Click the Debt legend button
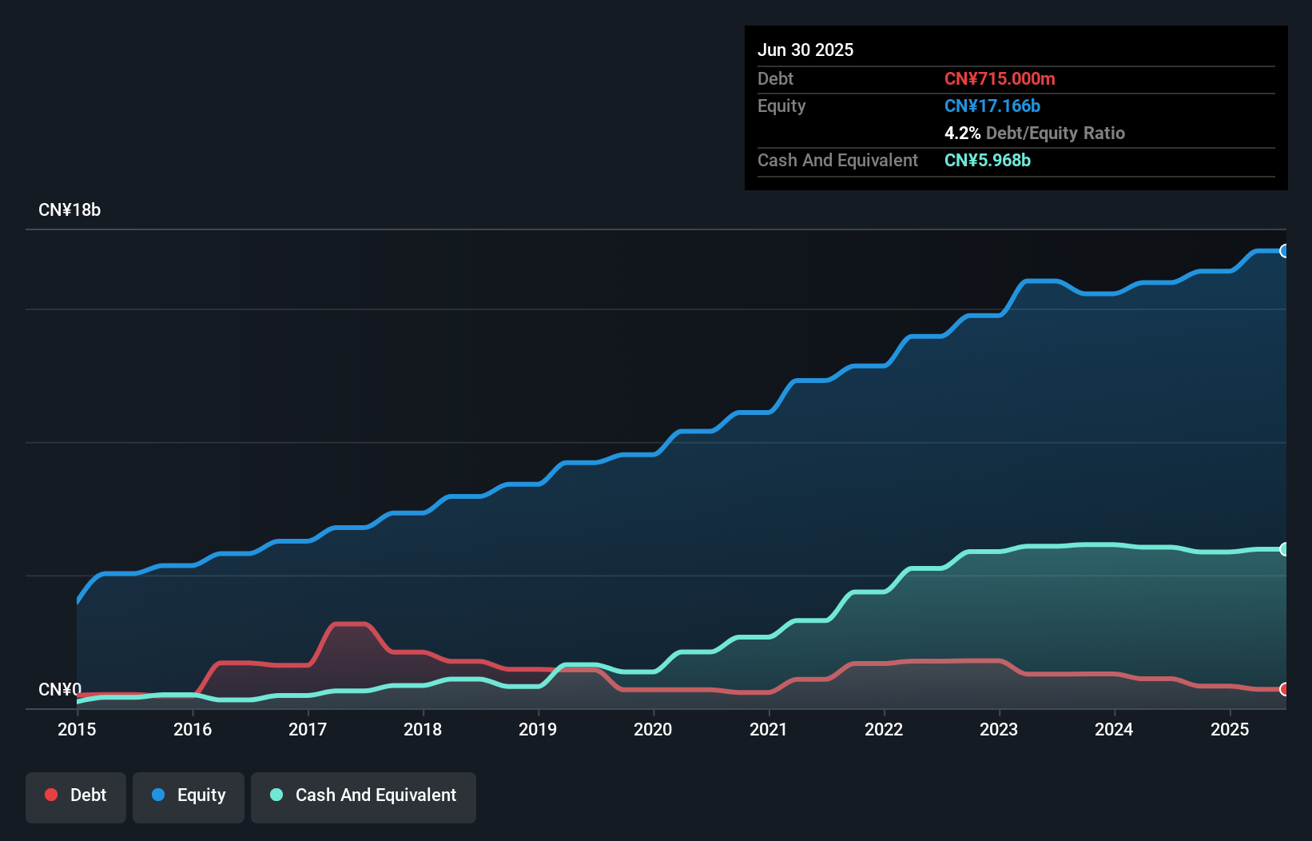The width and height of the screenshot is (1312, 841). (x=76, y=795)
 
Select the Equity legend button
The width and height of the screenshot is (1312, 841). (x=189, y=795)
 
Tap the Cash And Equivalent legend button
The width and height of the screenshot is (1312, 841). (x=364, y=795)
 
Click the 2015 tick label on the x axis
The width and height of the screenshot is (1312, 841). (x=77, y=729)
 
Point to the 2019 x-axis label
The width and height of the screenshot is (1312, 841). (x=538, y=729)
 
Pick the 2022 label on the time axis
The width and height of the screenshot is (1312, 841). (x=884, y=729)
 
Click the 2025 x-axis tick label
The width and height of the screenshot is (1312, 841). (x=1230, y=729)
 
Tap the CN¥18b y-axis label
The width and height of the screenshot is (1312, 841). (x=70, y=210)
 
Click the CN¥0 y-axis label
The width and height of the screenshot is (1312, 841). (x=60, y=689)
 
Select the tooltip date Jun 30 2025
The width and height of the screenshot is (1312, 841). (x=805, y=50)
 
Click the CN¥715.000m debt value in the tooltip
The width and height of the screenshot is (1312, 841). (x=1000, y=78)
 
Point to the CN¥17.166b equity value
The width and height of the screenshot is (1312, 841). (x=992, y=106)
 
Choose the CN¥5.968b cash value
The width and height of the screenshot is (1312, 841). (x=988, y=160)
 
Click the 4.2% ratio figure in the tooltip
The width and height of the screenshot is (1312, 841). (x=962, y=133)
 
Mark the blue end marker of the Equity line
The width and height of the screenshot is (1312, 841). (x=1284, y=251)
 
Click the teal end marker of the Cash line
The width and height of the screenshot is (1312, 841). (x=1284, y=549)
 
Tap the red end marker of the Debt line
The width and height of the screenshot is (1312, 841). (x=1284, y=689)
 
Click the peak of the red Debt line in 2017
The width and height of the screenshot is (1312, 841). (x=349, y=624)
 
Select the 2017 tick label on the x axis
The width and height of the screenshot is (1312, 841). (x=308, y=729)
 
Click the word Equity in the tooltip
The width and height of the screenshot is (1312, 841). (x=781, y=106)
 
